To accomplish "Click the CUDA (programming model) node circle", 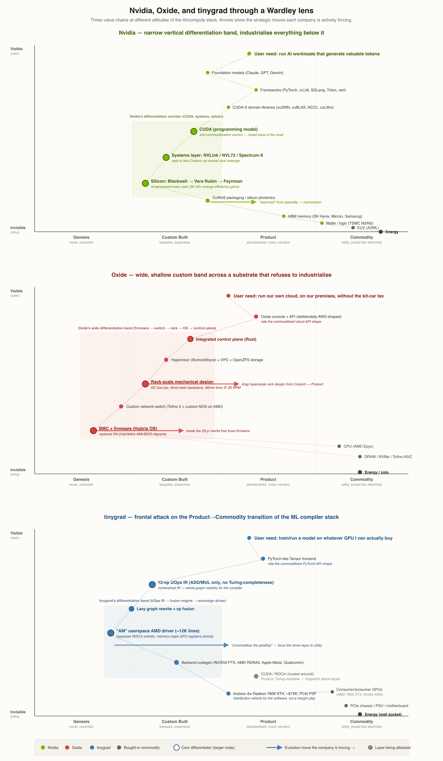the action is [x=194, y=131].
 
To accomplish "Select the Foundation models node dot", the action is [x=208, y=73].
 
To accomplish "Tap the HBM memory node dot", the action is [x=284, y=216].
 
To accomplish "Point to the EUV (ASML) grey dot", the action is [x=353, y=228].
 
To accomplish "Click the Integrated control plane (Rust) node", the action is [x=190, y=339].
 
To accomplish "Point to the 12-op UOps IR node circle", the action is [x=152, y=585].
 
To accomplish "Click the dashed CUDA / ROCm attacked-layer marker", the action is [x=256, y=676].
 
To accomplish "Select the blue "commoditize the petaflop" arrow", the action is [x=171, y=645].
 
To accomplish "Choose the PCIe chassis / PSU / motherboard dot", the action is [x=346, y=706].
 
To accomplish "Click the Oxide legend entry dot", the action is [x=67, y=747].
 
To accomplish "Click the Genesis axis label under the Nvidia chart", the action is [x=81, y=237].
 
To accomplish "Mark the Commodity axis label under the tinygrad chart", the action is [x=362, y=721].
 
